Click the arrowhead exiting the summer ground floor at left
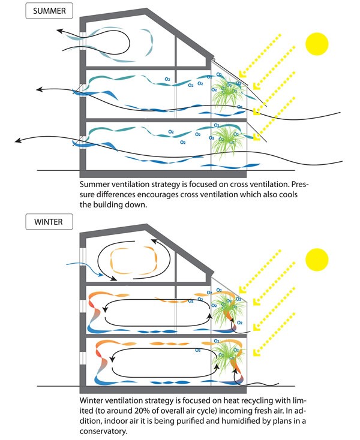19,141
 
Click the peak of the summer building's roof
148,10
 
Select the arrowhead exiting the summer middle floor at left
40,90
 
